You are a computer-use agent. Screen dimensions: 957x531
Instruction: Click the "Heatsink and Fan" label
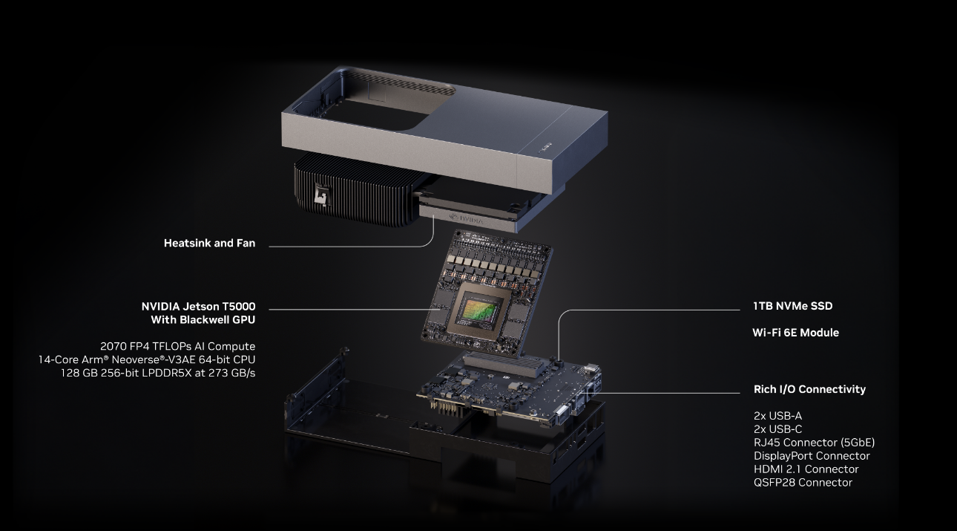click(209, 244)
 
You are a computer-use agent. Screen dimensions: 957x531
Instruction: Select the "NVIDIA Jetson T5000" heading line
click(198, 307)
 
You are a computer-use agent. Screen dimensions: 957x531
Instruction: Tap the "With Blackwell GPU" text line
click(203, 320)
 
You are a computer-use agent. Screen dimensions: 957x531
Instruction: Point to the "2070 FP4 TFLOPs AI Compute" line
click(177, 346)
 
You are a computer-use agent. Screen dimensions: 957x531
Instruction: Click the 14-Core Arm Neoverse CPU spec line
click(147, 359)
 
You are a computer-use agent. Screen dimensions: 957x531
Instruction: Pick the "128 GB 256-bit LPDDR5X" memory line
click(158, 373)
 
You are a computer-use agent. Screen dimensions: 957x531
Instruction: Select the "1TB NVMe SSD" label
click(792, 306)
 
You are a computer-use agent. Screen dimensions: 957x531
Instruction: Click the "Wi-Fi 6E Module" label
click(795, 333)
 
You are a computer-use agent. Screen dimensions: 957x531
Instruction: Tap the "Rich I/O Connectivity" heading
click(809, 389)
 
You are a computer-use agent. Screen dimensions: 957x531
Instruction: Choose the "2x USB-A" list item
click(777, 416)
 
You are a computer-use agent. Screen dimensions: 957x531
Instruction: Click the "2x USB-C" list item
click(777, 429)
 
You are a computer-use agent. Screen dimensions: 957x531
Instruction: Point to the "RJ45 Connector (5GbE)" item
click(814, 443)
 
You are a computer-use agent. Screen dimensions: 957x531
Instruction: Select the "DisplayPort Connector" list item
click(812, 456)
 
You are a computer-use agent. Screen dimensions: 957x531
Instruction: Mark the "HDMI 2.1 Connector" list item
click(806, 469)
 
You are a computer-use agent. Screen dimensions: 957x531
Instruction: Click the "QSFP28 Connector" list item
click(803, 482)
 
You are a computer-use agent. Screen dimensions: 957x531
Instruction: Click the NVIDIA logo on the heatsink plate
click(467, 219)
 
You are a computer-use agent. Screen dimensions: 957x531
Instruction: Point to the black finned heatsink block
click(355, 190)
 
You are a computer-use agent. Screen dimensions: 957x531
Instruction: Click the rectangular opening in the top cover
click(376, 114)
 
